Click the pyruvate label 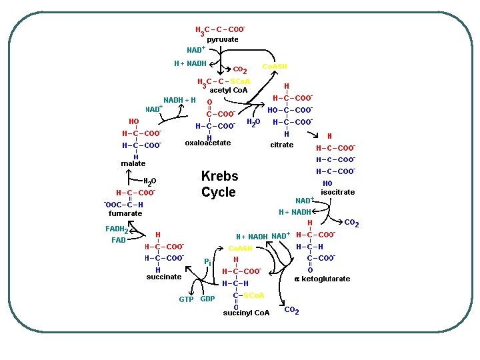[x=222, y=40]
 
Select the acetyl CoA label [x=228, y=90]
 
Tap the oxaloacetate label [x=208, y=143]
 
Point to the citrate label [x=281, y=145]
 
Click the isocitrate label [x=337, y=192]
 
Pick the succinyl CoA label [x=246, y=313]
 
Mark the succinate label [x=163, y=277]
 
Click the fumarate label [x=125, y=213]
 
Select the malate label [x=133, y=163]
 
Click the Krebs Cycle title [x=219, y=184]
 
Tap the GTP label [x=187, y=299]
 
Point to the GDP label [x=207, y=299]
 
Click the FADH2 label [x=117, y=230]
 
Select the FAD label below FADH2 [x=119, y=240]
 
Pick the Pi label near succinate [x=209, y=261]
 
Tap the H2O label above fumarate [x=150, y=181]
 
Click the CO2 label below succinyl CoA [x=291, y=311]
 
